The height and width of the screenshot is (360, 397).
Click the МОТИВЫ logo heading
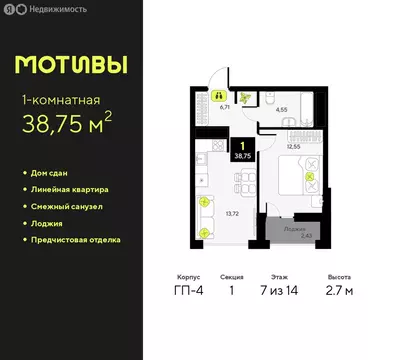[71, 65]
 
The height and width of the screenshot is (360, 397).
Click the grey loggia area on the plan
[295, 231]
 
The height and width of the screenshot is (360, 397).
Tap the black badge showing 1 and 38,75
[241, 151]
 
